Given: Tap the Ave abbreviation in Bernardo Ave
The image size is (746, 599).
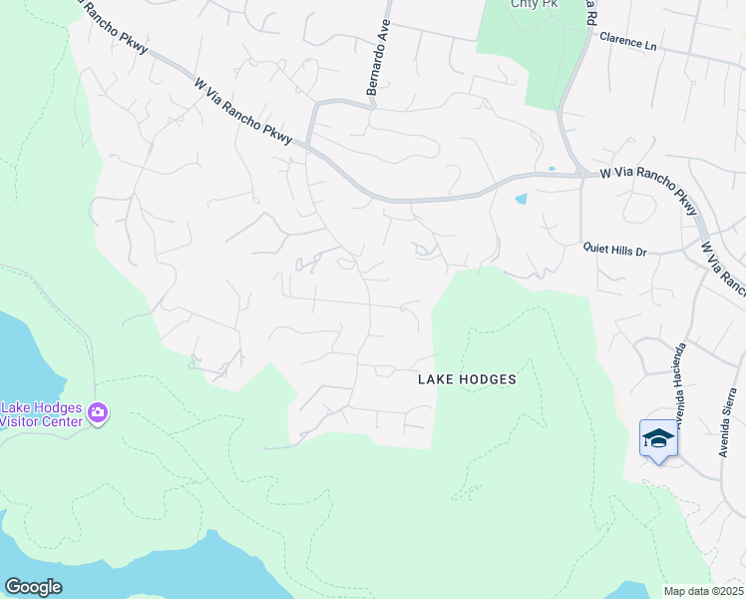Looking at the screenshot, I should point(385,33).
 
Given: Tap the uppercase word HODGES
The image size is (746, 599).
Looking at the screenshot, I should point(484,379).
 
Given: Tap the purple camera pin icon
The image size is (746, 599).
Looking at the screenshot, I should point(98,411).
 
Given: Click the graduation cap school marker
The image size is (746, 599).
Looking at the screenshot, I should point(658,438).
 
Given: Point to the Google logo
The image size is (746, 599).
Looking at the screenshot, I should point(33,587).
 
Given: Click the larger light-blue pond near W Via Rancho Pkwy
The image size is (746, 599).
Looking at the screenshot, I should point(521,199).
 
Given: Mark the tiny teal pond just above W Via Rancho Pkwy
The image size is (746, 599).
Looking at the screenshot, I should point(552,168).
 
